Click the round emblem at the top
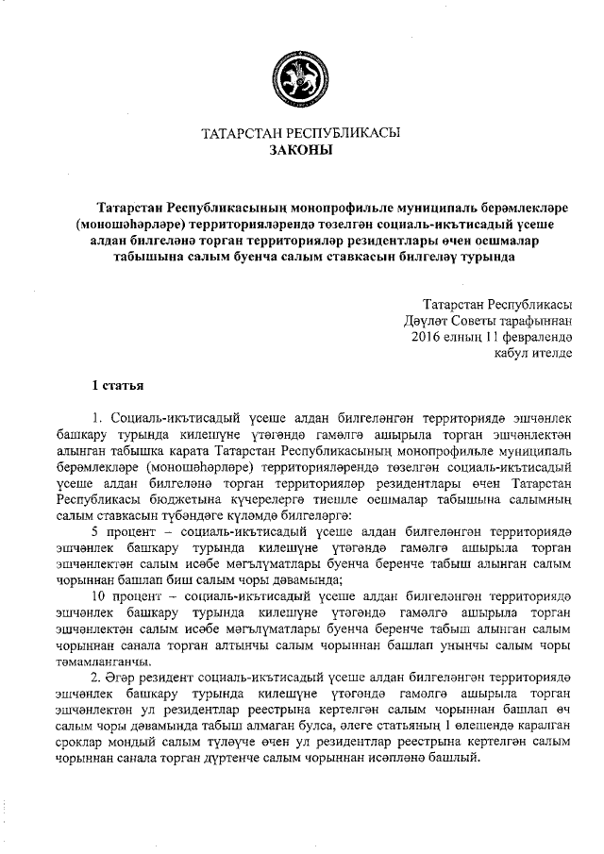(x=301, y=75)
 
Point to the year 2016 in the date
(x=428, y=336)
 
